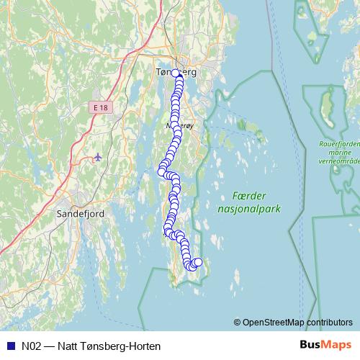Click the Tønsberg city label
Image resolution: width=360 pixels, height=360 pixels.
pyautogui.click(x=176, y=72)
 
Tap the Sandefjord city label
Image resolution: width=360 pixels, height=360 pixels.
pyautogui.click(x=82, y=213)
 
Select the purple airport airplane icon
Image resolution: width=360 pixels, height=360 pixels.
pyautogui.click(x=98, y=156)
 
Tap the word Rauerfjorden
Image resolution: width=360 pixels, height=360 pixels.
pyautogui.click(x=339, y=144)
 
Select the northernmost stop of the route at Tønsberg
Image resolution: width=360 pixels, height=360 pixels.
pyautogui.click(x=176, y=73)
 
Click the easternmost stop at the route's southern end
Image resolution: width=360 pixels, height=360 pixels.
pyautogui.click(x=198, y=263)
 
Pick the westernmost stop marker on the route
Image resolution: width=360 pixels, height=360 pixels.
pyautogui.click(x=162, y=171)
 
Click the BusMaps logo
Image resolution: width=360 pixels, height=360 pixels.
pyautogui.click(x=322, y=345)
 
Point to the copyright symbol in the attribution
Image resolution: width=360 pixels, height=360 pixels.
pyautogui.click(x=238, y=323)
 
